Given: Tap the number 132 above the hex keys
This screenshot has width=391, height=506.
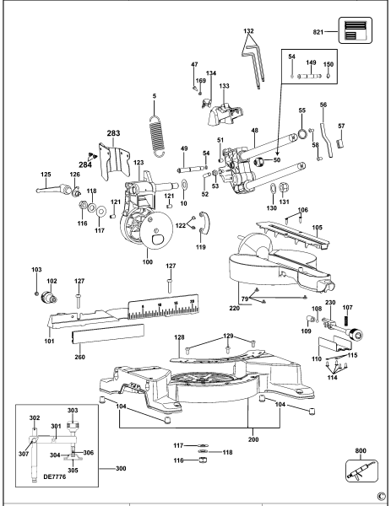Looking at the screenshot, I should click(248, 30).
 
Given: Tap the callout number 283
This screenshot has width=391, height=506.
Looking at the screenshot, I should click(114, 133).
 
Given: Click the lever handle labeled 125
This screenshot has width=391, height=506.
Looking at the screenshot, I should click(52, 190).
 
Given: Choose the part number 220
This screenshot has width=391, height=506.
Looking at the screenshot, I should click(234, 309).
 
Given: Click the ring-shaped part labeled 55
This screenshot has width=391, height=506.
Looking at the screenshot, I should click(301, 134).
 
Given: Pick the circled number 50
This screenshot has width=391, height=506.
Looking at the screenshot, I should click(278, 159).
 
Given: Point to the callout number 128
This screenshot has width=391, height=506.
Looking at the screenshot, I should click(179, 337).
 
